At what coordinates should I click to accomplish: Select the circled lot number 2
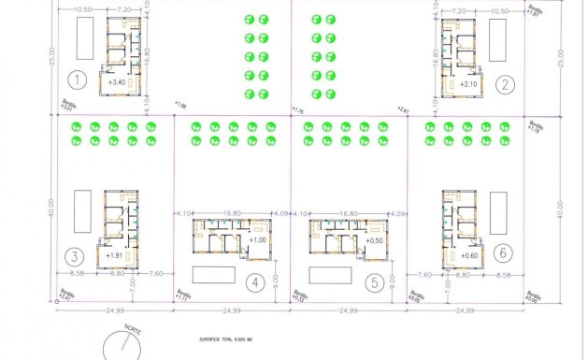(x=506, y=85)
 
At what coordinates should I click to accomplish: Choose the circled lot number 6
(x=505, y=253)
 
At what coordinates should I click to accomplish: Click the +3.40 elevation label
(x=118, y=82)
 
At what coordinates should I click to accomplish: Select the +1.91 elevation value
(x=116, y=255)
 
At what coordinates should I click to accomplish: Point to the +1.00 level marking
(x=259, y=240)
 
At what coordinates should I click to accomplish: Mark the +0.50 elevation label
(x=376, y=240)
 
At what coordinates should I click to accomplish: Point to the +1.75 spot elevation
(x=298, y=110)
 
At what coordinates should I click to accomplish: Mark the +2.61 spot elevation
(x=404, y=110)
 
